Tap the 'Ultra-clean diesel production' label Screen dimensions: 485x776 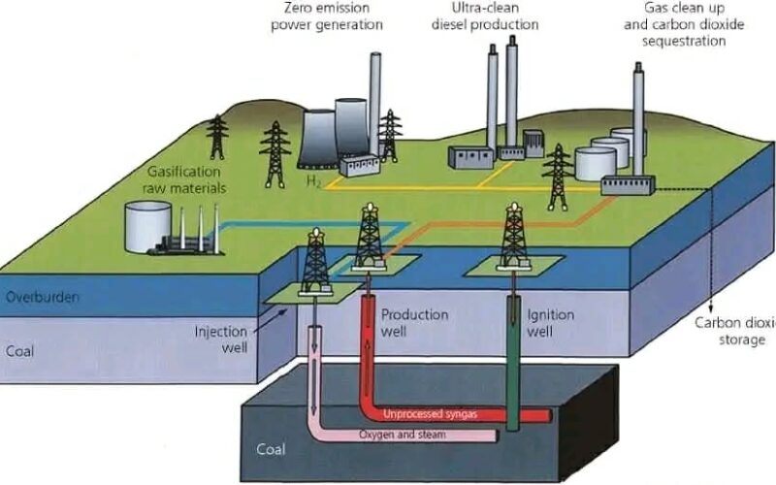(484, 16)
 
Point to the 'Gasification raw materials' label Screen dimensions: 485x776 (191, 178)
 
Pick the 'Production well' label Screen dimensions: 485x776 (414, 323)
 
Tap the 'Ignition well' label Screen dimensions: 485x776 (550, 323)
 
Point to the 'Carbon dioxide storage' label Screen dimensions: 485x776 (735, 331)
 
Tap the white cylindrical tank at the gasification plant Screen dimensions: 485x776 (147, 228)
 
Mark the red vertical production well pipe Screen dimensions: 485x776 (370, 349)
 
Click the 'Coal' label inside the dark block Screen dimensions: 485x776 (271, 450)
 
